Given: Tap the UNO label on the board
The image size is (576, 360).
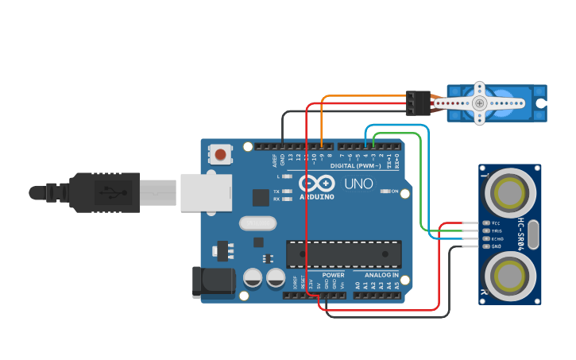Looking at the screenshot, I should coord(358,184).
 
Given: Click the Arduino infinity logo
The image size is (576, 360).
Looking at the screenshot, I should coord(317,184).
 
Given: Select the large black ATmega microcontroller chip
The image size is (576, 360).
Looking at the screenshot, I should coord(343,254).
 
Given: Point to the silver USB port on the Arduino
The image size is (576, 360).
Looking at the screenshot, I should coord(206,192).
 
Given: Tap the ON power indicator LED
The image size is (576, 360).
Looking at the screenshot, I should coord(385,192).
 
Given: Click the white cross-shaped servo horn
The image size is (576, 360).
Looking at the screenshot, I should coord(479,103).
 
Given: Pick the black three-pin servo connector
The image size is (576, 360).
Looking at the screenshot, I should coord(418,103).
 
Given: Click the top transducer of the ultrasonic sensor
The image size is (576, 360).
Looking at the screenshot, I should coord(508,192).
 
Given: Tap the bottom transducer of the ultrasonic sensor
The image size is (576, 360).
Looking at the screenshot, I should coord(508,276).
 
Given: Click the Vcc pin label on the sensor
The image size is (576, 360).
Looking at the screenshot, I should coord(497,223).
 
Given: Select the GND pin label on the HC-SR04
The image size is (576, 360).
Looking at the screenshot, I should coord(497,246).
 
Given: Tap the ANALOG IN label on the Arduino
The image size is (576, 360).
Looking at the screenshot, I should coord(381,274).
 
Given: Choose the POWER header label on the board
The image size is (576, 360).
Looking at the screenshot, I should coord(333,274).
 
